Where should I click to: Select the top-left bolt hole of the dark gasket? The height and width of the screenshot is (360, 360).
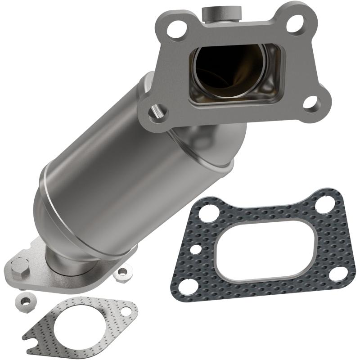(208, 211)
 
